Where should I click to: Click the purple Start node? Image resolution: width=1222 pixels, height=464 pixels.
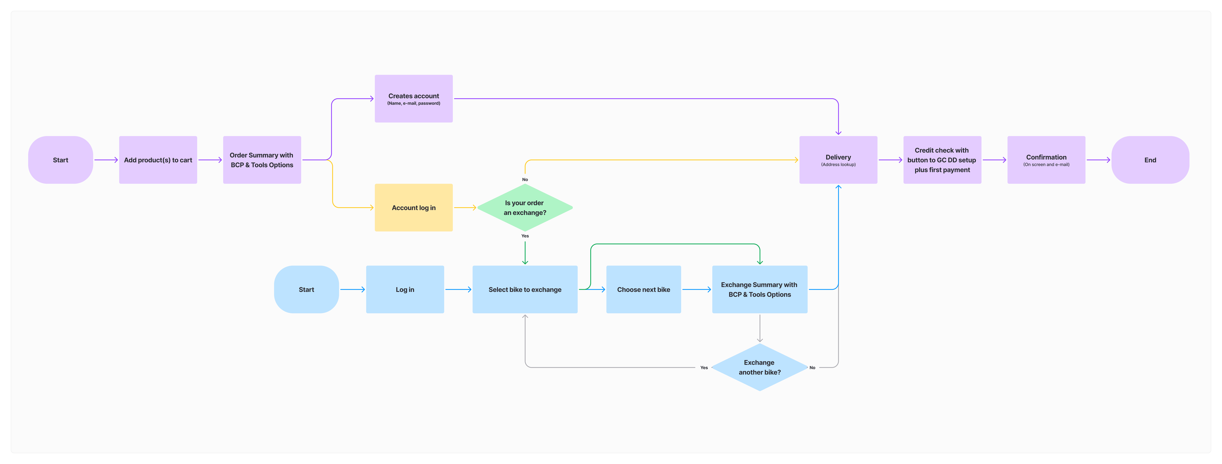coord(60,160)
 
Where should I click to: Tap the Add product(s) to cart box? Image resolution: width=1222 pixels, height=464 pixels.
coord(158,160)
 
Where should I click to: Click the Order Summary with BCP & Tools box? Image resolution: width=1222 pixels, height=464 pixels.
coord(262,160)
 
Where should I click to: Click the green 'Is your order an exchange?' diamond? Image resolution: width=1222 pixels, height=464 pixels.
coord(525,208)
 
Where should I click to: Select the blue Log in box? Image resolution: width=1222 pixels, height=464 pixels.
coord(405,289)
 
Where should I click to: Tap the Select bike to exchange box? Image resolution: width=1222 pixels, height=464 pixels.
coord(525,289)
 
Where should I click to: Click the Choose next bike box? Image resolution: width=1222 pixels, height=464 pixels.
coord(643,289)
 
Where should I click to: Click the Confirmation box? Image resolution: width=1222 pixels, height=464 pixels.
coord(1046,160)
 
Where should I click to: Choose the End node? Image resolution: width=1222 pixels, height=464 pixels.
coord(1150,160)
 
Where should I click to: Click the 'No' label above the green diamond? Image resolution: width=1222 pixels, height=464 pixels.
coord(525,180)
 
